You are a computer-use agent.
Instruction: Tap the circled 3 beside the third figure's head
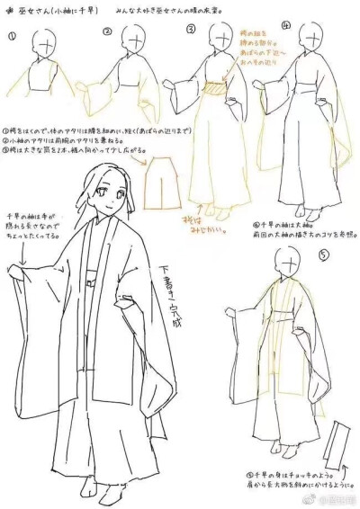[x=191, y=29]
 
